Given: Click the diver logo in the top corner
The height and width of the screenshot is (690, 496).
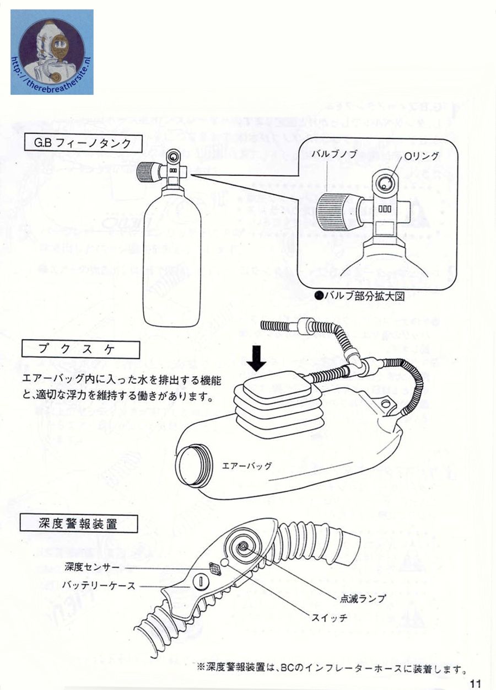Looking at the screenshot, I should point(52,52).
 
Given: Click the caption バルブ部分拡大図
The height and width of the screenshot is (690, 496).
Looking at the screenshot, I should point(359,296).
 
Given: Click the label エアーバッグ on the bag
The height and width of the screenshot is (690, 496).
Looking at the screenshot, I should point(246,466).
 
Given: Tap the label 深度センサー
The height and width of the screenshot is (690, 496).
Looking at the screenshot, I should point(92,566).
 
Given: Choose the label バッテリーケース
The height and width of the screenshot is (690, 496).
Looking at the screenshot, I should point(98,586).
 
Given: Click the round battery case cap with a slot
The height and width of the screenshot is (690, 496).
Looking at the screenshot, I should point(200,581).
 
